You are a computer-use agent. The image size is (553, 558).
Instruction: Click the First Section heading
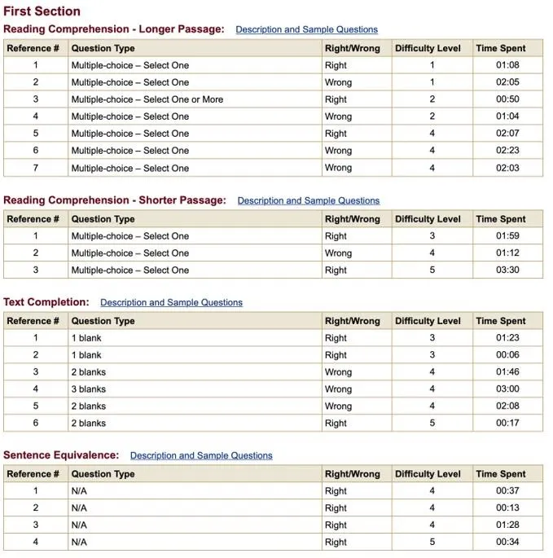pyautogui.click(x=42, y=11)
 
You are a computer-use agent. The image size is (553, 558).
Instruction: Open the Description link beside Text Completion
pyautogui.click(x=171, y=302)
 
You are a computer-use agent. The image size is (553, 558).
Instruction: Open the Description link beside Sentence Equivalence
pyautogui.click(x=201, y=455)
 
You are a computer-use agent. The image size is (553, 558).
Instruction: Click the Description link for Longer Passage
pyautogui.click(x=306, y=29)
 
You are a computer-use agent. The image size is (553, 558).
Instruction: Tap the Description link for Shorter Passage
pyautogui.click(x=308, y=200)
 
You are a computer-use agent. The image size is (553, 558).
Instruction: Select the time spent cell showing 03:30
pyautogui.click(x=507, y=270)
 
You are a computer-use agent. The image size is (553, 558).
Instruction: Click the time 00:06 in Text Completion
pyautogui.click(x=507, y=355)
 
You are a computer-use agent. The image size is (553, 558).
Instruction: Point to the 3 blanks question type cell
pyautogui.click(x=89, y=389)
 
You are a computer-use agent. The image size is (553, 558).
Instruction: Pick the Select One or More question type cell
pyautogui.click(x=147, y=99)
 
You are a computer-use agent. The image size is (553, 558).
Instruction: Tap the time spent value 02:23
pyautogui.click(x=507, y=151)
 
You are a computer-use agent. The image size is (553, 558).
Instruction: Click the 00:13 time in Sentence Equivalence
pyautogui.click(x=507, y=508)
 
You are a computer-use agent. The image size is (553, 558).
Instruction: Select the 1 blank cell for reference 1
pyautogui.click(x=86, y=338)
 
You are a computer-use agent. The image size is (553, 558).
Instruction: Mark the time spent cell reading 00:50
pyautogui.click(x=507, y=99)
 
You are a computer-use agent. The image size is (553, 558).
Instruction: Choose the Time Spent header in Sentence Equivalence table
pyautogui.click(x=501, y=474)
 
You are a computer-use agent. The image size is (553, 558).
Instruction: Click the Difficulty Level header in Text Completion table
pyautogui.click(x=428, y=321)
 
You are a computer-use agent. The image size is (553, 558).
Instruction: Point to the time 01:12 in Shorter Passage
pyautogui.click(x=507, y=253)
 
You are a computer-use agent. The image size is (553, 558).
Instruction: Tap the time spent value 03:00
pyautogui.click(x=507, y=389)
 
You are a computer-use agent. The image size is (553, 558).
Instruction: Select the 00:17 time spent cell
pyautogui.click(x=507, y=424)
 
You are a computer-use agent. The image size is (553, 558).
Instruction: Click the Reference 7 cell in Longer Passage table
pyautogui.click(x=35, y=168)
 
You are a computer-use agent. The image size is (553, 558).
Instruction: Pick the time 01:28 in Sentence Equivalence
pyautogui.click(x=507, y=525)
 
